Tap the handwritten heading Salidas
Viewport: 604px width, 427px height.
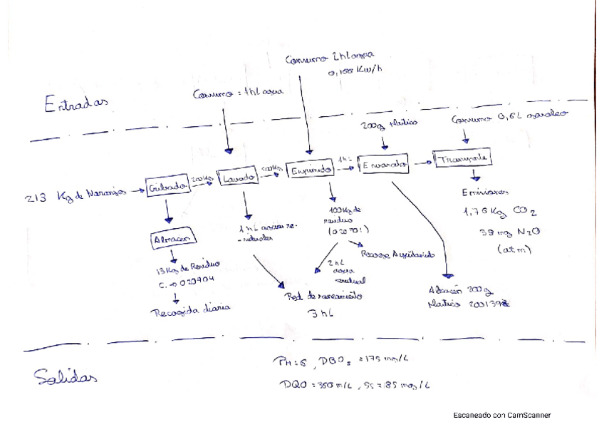[x=66, y=377]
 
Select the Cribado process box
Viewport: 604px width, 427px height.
[x=168, y=187]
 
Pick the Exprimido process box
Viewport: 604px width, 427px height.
[x=310, y=170]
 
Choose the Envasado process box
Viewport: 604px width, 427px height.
[x=384, y=165]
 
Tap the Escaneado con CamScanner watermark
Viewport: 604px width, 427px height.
[x=502, y=415]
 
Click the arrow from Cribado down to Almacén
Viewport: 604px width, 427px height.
[x=168, y=212]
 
